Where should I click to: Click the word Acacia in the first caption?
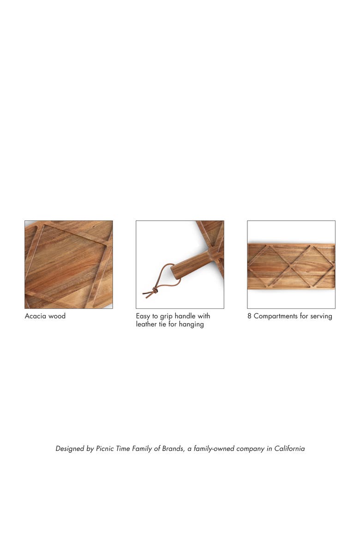point(35,316)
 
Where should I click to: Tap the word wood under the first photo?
point(57,316)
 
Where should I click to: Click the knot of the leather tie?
point(153,290)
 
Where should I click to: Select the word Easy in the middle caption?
point(143,316)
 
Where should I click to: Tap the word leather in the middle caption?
point(146,324)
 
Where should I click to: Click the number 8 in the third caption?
point(249,316)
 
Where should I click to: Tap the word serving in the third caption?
point(321,316)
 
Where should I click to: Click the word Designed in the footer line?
point(70,449)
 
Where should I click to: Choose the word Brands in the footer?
point(173,449)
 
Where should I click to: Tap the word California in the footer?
point(290,449)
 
